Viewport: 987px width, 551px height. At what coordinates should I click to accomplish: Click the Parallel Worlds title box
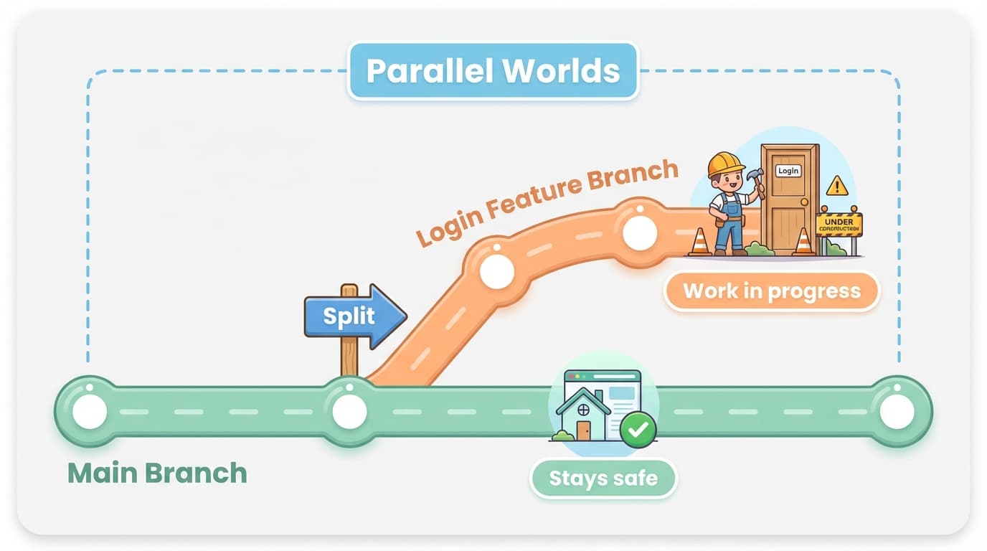click(493, 71)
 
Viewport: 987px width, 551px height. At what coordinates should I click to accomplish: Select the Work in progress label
click(771, 291)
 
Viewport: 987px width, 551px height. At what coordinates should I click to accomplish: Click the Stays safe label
click(603, 478)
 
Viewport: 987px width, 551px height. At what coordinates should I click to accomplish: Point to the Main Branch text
click(157, 474)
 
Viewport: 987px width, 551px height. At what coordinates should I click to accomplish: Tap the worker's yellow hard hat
click(725, 164)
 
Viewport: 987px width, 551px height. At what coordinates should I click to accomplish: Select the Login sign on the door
click(788, 171)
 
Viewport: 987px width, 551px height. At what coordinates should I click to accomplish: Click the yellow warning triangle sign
click(836, 187)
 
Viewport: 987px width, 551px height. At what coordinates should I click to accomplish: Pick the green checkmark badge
click(638, 430)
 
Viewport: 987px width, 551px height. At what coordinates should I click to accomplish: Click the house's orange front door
click(583, 430)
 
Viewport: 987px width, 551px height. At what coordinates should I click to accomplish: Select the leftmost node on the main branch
click(90, 412)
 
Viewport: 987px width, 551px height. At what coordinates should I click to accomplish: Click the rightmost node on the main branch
click(897, 412)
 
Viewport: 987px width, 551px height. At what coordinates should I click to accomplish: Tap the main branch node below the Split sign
click(349, 412)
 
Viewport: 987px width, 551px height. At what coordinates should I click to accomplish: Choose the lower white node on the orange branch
click(497, 271)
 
